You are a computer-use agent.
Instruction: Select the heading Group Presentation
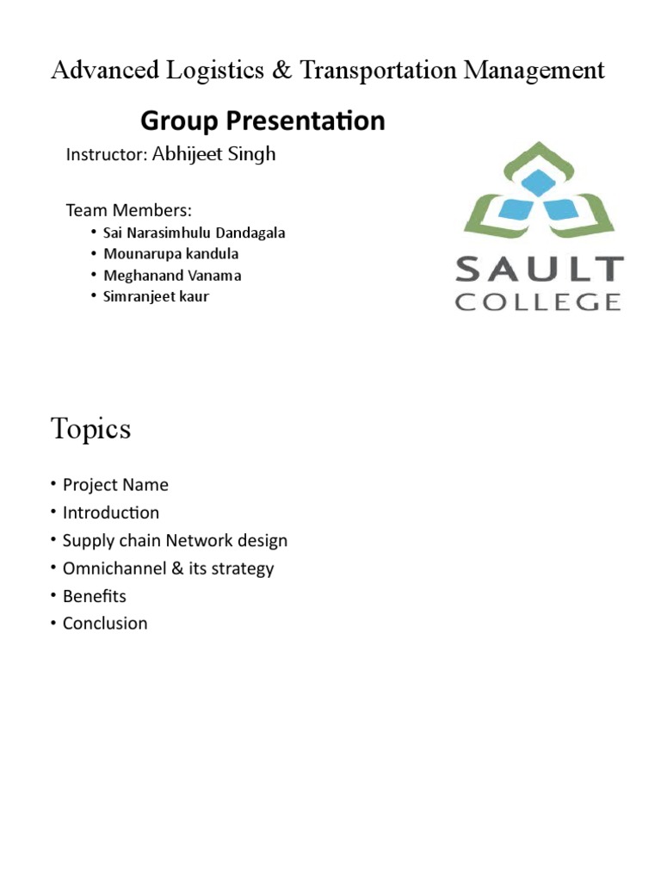[x=263, y=121]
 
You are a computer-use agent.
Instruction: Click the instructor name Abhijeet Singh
[x=214, y=154]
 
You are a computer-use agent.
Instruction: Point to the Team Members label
[x=128, y=210]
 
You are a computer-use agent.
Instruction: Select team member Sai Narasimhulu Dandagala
[x=194, y=233]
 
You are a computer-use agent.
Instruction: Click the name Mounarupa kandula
[x=170, y=254]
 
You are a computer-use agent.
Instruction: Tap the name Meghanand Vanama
[x=172, y=276]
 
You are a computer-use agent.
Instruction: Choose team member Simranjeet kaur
[x=156, y=296]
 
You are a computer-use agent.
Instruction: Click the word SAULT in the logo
[x=539, y=270]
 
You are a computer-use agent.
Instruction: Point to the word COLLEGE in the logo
[x=539, y=301]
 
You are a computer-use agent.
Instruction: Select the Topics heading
[x=91, y=428]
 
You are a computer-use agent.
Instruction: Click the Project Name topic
[x=115, y=485]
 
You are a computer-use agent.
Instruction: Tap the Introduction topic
[x=111, y=512]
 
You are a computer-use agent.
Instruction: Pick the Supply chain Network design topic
[x=175, y=541]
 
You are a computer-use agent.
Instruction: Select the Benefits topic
[x=94, y=596]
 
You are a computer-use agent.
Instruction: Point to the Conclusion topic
[x=105, y=624]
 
